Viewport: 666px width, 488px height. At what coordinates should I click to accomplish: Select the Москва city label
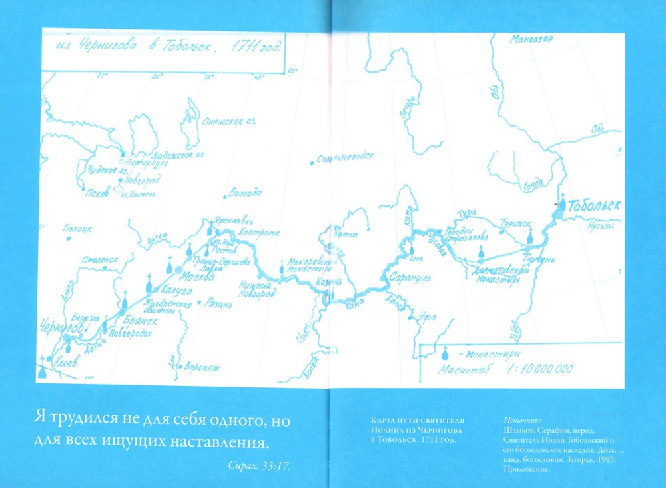(197, 276)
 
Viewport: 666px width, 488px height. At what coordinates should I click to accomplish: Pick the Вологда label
(245, 193)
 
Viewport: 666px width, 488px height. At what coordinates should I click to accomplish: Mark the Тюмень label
(539, 259)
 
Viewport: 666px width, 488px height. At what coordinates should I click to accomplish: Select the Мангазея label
(531, 39)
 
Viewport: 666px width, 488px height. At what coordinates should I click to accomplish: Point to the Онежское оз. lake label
(226, 121)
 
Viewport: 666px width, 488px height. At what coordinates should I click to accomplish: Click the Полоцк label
(77, 229)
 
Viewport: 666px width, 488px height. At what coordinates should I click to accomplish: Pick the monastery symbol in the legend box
(445, 353)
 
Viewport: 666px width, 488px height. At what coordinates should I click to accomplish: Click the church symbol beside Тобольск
(563, 201)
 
